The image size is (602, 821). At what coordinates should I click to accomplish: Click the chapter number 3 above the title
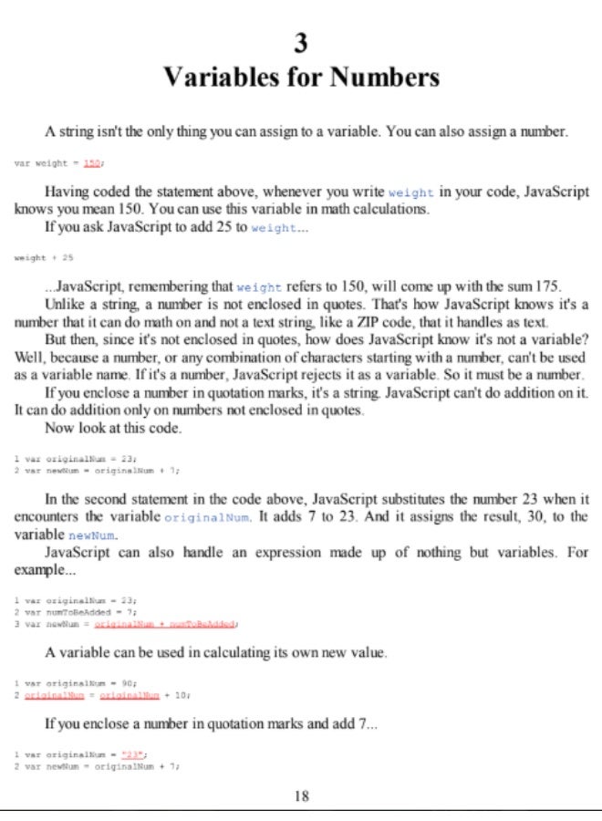pos(301,42)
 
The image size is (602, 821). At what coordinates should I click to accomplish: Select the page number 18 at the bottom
pos(302,795)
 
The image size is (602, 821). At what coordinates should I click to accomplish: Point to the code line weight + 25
pos(44,258)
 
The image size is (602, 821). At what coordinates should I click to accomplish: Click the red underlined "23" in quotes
pos(133,754)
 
